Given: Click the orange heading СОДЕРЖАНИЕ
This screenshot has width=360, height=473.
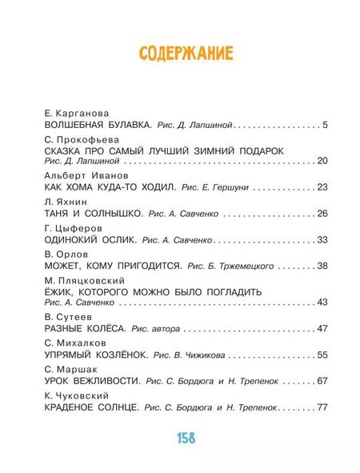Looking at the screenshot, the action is tap(186, 54).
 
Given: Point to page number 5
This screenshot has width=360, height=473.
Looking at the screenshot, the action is tap(326, 126).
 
